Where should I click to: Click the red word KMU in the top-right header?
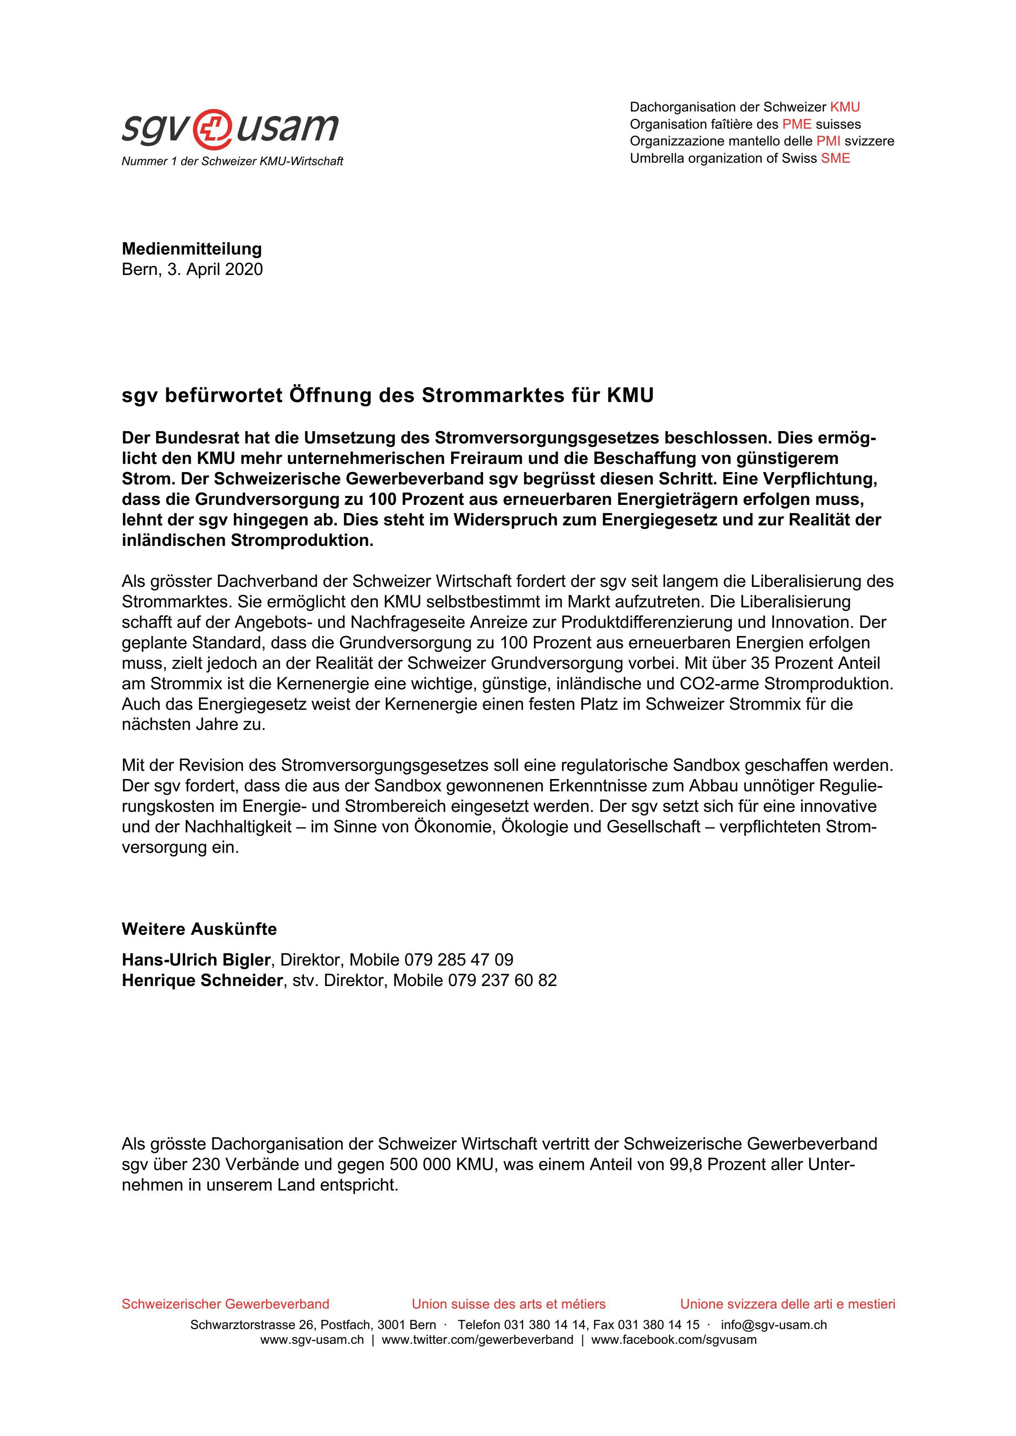point(845,107)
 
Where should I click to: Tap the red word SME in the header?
point(835,158)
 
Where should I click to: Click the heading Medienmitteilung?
point(191,249)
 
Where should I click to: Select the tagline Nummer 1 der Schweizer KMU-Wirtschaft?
point(232,161)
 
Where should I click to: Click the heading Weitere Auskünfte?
point(199,929)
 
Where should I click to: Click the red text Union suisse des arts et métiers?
point(508,1304)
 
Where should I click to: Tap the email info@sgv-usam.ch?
point(773,1325)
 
